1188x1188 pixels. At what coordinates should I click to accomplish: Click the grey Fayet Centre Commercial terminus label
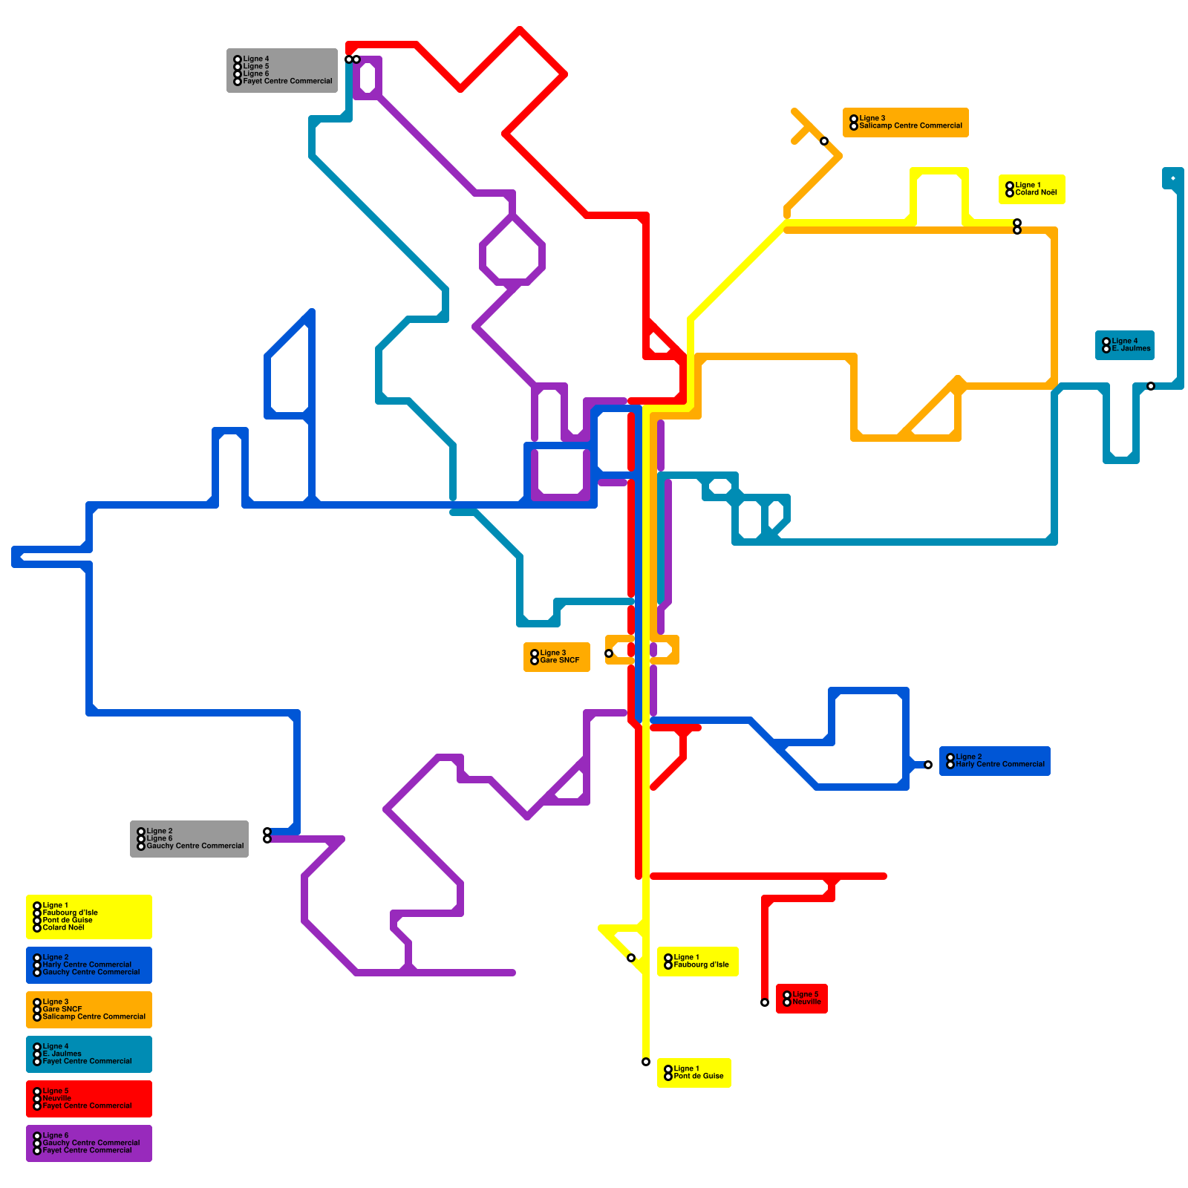click(x=282, y=71)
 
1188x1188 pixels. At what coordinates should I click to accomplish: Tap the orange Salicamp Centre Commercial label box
click(x=905, y=123)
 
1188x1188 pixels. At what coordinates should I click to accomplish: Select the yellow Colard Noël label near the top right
click(x=1031, y=189)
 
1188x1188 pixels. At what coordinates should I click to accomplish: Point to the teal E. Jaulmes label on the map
click(x=1124, y=345)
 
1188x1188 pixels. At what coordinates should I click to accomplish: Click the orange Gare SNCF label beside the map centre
click(x=556, y=657)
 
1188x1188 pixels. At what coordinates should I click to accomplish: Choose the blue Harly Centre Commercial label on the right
click(x=994, y=761)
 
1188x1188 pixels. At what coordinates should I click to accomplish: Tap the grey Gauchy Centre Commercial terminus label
click(x=189, y=839)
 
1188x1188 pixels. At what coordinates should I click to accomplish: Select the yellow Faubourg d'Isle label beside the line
click(x=697, y=962)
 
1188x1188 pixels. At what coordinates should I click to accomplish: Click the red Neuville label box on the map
click(x=801, y=999)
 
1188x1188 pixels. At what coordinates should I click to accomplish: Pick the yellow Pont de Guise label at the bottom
click(x=693, y=1073)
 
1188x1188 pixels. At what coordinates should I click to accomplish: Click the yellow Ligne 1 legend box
click(x=89, y=917)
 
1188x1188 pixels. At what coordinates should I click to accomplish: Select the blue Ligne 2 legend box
click(x=89, y=965)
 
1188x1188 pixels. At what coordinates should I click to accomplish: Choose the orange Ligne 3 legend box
click(x=89, y=1010)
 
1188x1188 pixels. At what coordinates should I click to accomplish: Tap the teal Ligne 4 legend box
click(x=89, y=1054)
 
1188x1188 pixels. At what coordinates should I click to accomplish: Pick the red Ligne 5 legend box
click(x=89, y=1099)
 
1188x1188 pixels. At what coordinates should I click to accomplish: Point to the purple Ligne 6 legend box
click(x=89, y=1143)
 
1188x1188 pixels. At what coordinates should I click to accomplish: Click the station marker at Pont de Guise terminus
click(x=646, y=1062)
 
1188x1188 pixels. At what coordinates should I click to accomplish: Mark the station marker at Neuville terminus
click(x=765, y=1002)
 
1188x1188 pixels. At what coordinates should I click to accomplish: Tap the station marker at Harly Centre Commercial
click(x=928, y=765)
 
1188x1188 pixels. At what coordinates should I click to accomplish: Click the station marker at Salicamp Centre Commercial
click(x=824, y=141)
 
